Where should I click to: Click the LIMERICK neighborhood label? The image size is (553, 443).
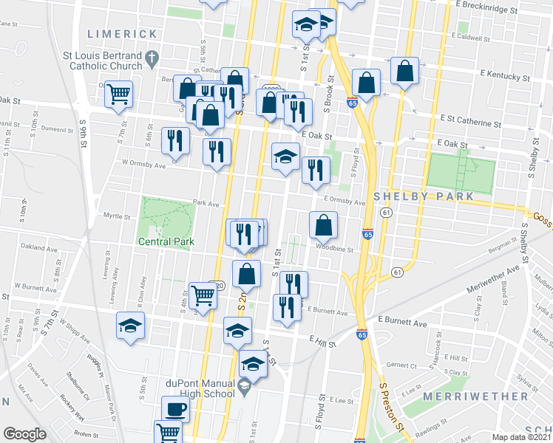[123, 34]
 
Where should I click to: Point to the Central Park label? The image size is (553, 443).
[166, 241]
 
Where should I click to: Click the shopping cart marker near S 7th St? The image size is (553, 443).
[118, 94]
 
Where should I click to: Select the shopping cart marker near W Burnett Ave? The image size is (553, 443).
[203, 295]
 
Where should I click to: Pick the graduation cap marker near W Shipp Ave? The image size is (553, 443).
[130, 326]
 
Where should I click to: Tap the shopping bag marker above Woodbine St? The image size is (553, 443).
[323, 224]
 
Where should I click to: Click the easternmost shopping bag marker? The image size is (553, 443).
[405, 71]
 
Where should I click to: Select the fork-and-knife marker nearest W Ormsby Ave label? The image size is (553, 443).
[174, 139]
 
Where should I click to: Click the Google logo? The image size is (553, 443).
[24, 434]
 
